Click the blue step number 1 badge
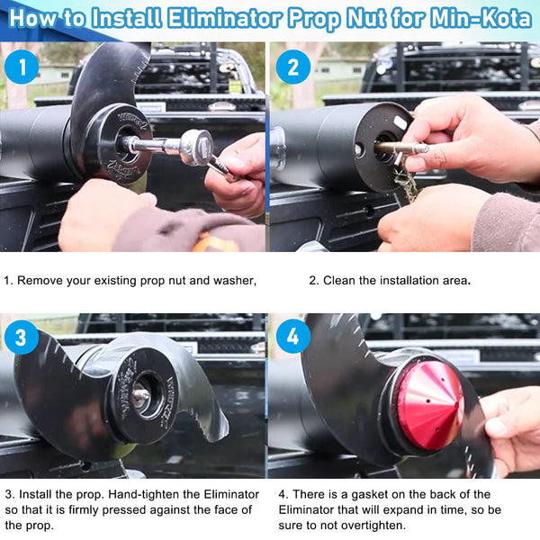tap(22, 67)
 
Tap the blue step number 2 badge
tap(293, 67)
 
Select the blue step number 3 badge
tap(22, 337)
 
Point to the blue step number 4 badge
tap(293, 337)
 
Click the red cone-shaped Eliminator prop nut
tap(429, 405)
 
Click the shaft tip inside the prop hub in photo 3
tap(141, 395)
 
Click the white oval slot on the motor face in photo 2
tap(400, 122)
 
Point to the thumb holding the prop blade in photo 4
tap(497, 426)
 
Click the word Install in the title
tap(127, 18)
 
